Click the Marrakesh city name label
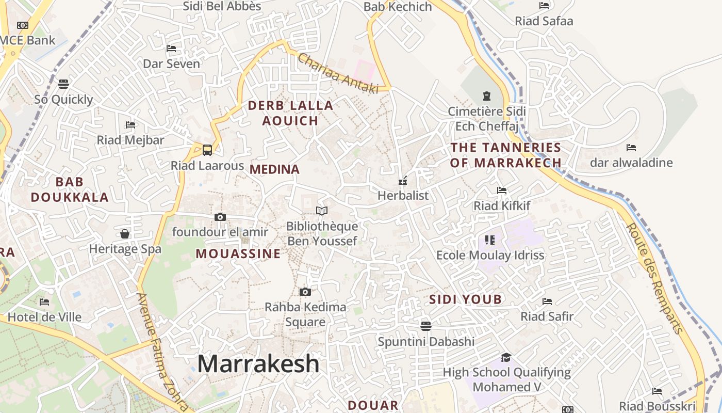point(258,363)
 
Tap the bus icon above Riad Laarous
point(207,150)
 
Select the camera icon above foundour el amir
point(220,217)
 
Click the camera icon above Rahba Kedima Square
point(305,292)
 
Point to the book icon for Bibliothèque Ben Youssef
point(322,211)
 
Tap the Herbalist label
point(403,196)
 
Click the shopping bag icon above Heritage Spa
point(125,234)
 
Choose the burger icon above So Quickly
point(63,84)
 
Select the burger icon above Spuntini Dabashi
point(426,326)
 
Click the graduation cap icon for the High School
point(506,357)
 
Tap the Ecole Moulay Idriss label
point(490,255)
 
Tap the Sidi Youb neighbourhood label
point(465,299)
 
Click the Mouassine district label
point(238,253)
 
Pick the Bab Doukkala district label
point(70,189)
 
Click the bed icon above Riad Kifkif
point(502,190)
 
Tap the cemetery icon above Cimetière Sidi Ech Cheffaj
point(486,96)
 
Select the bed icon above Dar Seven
point(171,49)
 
